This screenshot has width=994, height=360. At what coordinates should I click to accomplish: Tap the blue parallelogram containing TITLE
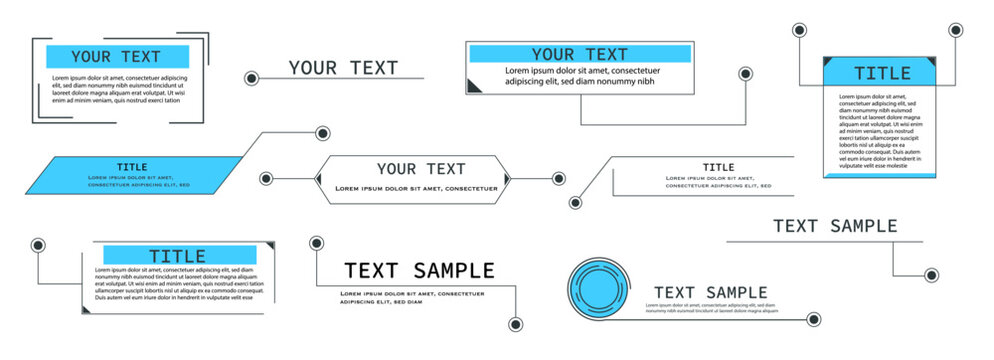pos(132,175)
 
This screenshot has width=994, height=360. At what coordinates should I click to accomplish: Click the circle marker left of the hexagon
pos(266,179)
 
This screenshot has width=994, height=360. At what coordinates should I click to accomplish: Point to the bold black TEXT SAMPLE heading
pos(419,270)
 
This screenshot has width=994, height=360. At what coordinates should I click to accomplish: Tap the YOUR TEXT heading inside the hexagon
pos(421,168)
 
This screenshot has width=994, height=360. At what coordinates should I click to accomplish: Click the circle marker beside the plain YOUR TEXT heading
pos(251,78)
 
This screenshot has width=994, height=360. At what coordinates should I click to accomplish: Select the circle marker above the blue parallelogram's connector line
pos(323,133)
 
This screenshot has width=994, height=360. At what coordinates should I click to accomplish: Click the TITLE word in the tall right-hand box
pos(881,73)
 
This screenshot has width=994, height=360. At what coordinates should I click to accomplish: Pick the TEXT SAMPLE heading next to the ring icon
pos(710,292)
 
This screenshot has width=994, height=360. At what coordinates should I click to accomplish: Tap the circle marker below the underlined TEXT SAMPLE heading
pos(931,275)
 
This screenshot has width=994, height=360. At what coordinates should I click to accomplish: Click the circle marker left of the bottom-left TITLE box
pos(38,244)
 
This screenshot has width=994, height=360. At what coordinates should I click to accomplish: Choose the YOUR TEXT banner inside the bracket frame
pos(117,57)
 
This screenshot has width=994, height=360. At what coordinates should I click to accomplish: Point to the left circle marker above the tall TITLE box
pos(799,30)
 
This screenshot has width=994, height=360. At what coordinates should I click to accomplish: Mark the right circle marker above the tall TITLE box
pos(955,30)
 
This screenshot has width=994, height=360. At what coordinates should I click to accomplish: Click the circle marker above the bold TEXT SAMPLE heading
pos(316,242)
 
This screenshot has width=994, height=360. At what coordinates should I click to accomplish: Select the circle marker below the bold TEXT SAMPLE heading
pos(515,324)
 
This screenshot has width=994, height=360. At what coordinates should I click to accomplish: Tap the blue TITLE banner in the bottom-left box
pos(178,256)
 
